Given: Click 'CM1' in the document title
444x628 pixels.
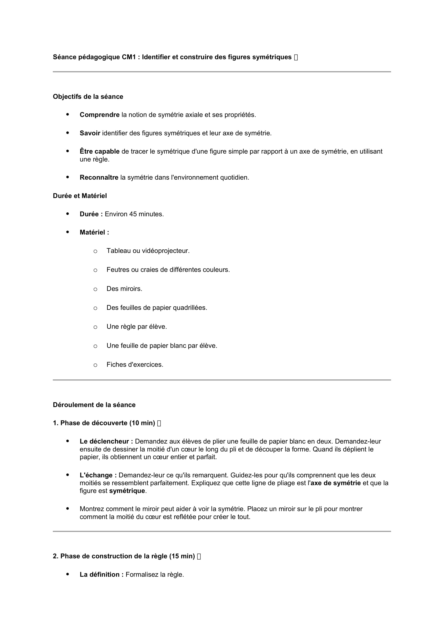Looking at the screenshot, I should [x=129, y=57].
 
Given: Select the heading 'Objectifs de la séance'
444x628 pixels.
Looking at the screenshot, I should [x=88, y=97].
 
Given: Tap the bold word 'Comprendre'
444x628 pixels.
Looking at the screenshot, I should [x=100, y=115].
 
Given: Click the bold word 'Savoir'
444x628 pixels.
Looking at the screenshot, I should [x=90, y=133].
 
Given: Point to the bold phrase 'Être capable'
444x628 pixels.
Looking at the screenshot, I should [x=100, y=151].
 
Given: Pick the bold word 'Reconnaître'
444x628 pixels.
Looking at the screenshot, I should [x=99, y=177].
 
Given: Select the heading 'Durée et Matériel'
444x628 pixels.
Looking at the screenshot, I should [x=80, y=196].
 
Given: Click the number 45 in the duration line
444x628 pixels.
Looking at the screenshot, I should [x=133, y=214].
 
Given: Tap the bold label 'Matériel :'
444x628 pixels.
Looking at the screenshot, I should [x=94, y=233].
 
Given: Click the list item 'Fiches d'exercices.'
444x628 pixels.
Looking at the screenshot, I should [x=135, y=365].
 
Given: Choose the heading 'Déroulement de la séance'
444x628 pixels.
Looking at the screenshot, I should [x=94, y=405].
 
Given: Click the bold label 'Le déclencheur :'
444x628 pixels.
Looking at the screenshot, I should [x=106, y=441].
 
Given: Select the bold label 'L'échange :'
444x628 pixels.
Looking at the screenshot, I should [x=98, y=475].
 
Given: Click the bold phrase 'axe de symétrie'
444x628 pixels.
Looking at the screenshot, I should [x=336, y=483].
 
